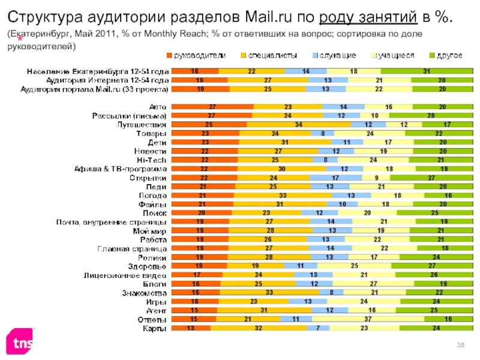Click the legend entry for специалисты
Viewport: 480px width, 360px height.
(268, 55)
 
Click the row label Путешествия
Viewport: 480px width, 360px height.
(143, 124)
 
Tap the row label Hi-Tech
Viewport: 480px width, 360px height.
(152, 160)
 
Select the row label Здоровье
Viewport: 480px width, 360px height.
(148, 266)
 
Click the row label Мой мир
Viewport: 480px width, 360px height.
(149, 231)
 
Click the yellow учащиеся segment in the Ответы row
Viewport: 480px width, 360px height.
(374, 319)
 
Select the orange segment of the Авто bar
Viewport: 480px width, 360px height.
(212, 106)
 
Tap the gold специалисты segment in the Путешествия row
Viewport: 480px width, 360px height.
(298, 124)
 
